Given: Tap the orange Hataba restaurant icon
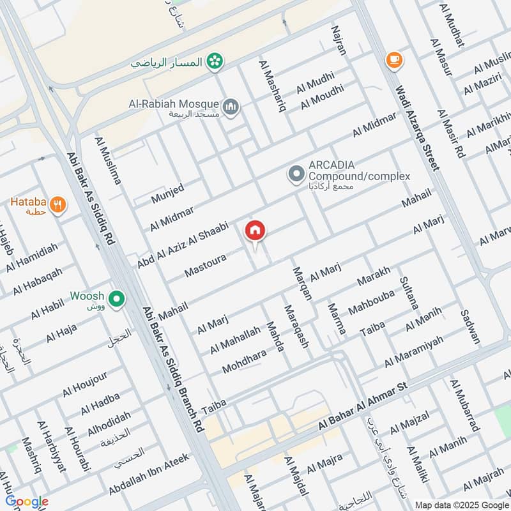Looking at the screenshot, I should (58, 205).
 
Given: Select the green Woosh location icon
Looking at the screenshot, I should (116, 298).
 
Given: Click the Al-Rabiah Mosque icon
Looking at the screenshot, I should (231, 105).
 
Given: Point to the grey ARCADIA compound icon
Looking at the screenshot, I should (295, 174).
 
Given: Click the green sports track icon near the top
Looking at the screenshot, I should (216, 61).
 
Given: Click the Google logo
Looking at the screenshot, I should (27, 501).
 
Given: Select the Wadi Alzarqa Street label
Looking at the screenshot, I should (416, 128).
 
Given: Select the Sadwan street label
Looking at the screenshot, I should (469, 326).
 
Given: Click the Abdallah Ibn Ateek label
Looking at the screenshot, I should (149, 477).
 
